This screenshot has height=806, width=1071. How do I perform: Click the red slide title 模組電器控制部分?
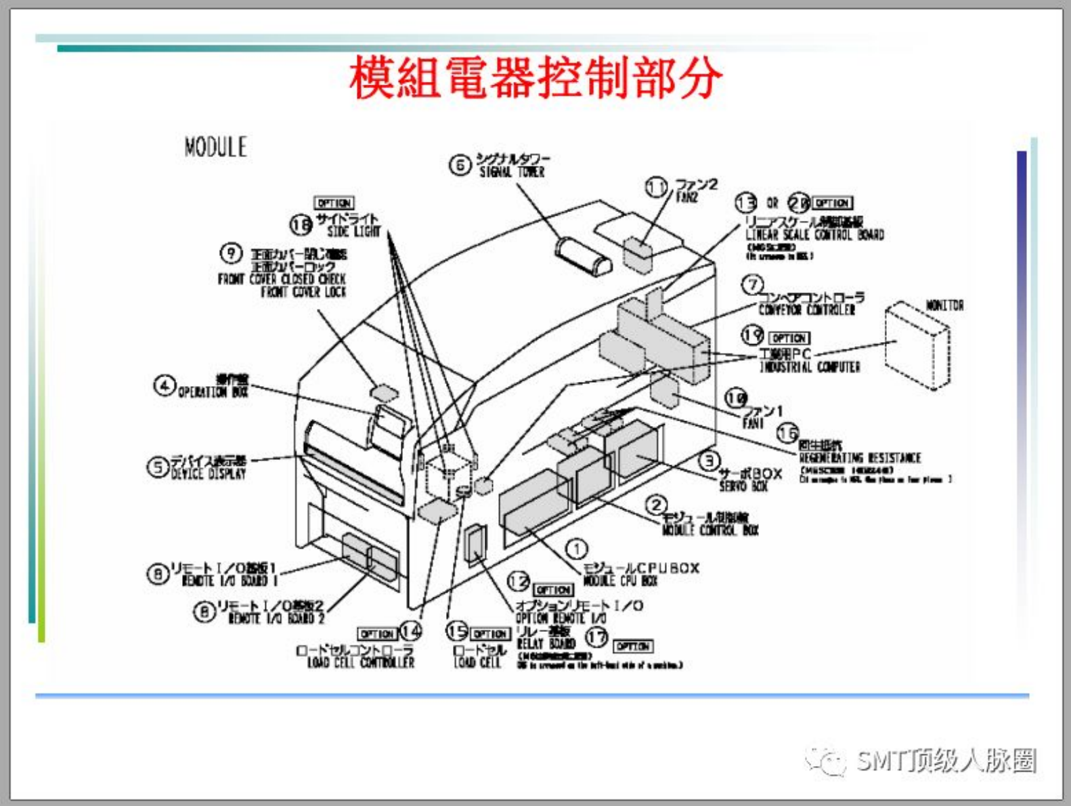point(535,78)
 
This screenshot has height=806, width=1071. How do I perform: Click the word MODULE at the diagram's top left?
point(215,147)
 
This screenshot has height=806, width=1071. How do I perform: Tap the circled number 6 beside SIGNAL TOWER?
point(459,165)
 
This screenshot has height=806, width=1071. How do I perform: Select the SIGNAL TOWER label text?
point(512,172)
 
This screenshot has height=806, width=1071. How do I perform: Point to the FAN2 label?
point(686,197)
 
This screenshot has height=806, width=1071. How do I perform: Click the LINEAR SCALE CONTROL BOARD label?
point(814,234)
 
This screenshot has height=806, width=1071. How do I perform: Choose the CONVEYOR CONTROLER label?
point(806,310)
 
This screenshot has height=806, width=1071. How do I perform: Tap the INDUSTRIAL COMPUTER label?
point(810,366)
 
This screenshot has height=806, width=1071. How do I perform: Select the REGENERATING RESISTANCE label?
point(860,458)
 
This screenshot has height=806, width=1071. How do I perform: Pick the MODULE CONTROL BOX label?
point(710,530)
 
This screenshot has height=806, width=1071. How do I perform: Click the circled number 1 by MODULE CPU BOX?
point(576,549)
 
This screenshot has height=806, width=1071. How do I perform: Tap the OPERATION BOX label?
point(213,391)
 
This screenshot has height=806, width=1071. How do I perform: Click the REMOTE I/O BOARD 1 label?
point(230,580)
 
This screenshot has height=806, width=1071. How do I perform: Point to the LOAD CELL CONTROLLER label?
point(360,662)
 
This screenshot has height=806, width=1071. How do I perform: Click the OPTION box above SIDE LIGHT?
point(334,203)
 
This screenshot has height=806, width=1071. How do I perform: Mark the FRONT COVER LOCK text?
point(303,292)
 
